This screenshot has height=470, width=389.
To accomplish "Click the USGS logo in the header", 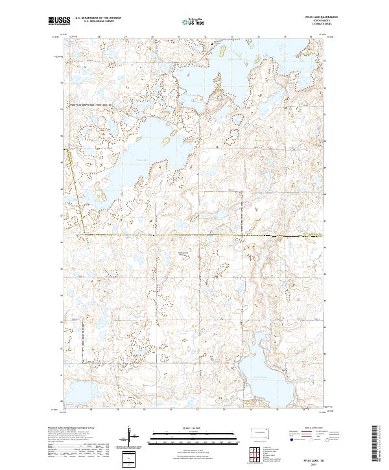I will (58, 21).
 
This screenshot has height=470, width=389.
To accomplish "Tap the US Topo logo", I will (186, 21).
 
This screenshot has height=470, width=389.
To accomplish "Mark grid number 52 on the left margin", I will (62, 83).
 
